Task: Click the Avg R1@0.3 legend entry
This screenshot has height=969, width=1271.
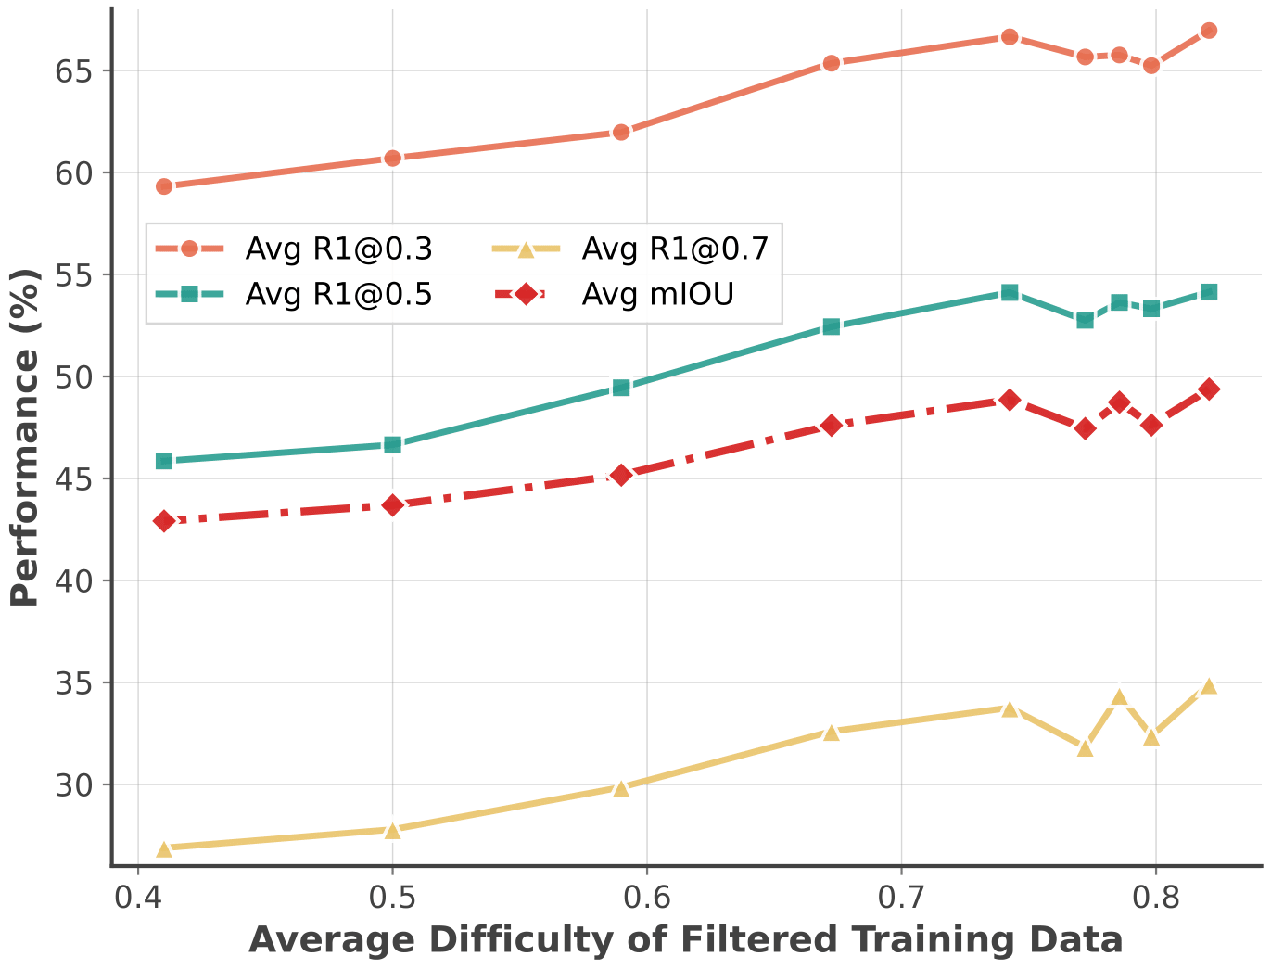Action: point(338,249)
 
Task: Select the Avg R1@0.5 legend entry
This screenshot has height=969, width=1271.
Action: point(338,295)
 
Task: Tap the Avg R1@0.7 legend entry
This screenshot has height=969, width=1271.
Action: point(675,249)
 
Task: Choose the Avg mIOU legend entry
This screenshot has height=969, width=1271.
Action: point(657,295)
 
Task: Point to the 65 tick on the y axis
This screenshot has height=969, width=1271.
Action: point(76,71)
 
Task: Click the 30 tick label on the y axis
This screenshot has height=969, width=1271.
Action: point(76,785)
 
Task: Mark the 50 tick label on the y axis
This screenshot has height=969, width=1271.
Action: point(76,377)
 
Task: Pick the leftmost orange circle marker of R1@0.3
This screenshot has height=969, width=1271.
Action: point(164,186)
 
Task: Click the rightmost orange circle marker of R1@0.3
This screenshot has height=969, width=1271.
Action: point(1208,31)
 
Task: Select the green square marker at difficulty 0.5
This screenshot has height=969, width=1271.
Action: point(392,445)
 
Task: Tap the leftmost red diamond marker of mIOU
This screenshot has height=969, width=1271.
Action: point(164,521)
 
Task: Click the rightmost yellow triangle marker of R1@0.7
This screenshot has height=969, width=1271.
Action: point(1208,686)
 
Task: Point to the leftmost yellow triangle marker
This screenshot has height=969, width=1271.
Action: point(164,849)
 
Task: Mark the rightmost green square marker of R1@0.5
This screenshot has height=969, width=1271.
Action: point(1208,292)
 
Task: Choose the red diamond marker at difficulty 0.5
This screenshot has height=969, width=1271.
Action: point(392,505)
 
